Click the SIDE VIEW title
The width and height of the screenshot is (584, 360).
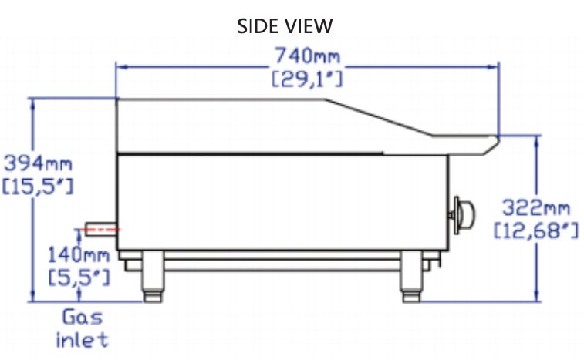pos(285,26)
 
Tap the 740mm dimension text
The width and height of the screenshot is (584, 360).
pos(307,56)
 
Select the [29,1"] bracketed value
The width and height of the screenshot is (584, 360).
pos(307,78)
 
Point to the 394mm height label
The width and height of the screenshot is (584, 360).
pos(37,163)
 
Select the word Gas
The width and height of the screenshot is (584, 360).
pos(82,317)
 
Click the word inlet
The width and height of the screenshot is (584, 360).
pos(82,339)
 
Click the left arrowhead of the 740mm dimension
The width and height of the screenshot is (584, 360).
pos(120,66)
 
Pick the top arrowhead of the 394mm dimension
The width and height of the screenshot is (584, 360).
pos(32,103)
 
